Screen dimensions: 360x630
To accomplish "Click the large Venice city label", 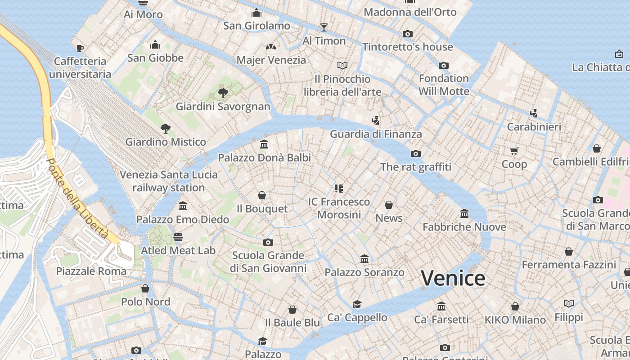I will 453,278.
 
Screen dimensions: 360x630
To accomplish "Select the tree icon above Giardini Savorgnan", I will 223,93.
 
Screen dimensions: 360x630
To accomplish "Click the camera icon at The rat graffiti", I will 416,153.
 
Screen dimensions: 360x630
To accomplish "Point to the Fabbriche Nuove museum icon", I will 464,213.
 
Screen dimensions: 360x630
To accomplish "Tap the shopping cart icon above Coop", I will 514,151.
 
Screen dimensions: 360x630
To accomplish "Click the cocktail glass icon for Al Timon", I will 324,27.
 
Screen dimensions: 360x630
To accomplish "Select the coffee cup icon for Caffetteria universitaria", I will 80,48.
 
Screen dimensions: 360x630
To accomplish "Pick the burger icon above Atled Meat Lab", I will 178,237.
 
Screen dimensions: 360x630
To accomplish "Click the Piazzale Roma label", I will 91,271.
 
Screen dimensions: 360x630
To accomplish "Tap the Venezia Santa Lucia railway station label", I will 169,181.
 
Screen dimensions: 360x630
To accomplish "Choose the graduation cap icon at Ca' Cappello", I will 357,304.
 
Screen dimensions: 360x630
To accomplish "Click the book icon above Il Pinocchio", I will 342,66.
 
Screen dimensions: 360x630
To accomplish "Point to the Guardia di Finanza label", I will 376,134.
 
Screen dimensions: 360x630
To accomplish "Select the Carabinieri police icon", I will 534,113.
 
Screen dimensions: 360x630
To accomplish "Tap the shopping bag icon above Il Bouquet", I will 262,195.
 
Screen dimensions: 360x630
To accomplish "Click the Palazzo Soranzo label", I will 364,272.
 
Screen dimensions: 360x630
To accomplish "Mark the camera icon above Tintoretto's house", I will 408,34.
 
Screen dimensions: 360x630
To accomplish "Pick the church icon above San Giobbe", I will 155,45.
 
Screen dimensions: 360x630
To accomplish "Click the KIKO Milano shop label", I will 515,320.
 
